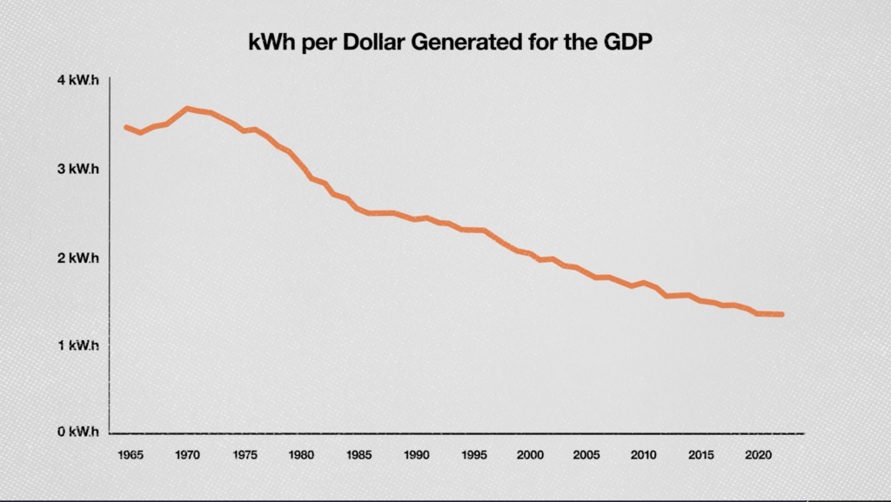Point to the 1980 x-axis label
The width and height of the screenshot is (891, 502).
coord(301,454)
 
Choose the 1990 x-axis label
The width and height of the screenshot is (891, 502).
coord(415,454)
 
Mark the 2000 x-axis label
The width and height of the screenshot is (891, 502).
coord(529,454)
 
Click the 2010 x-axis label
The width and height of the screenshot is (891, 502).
coord(642,454)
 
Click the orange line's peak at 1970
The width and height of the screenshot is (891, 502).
coord(186,109)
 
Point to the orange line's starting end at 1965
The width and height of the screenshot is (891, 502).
coord(126,127)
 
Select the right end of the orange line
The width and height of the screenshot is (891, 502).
coord(782,314)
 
